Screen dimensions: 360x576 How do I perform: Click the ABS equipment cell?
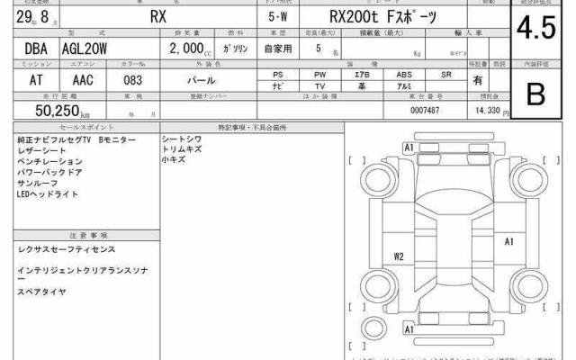(404, 74)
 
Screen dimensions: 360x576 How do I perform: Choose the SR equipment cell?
(445, 74)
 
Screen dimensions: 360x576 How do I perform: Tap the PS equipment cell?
(280, 74)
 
